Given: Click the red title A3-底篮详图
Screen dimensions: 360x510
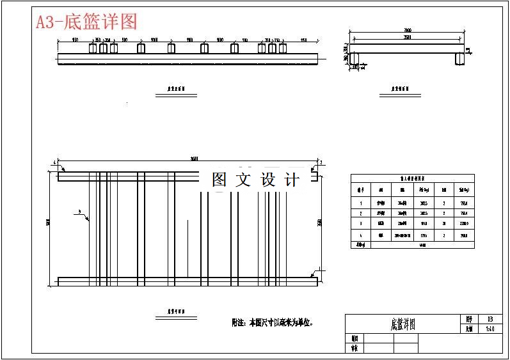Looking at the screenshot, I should [x=86, y=22].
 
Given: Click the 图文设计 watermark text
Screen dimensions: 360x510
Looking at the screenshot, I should [x=255, y=180].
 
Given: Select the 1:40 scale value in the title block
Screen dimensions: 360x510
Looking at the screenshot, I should [x=490, y=329].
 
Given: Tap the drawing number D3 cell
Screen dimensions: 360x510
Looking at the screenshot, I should [x=490, y=318].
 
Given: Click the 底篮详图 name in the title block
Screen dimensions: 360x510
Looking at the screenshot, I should [x=402, y=324].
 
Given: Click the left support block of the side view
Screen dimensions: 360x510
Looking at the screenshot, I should [x=355, y=59].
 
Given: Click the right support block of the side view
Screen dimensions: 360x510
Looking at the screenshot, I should [x=460, y=59].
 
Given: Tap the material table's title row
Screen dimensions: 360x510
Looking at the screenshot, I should [x=413, y=178].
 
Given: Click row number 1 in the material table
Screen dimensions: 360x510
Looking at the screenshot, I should [x=360, y=202].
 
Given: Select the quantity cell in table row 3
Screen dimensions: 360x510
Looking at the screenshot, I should [x=443, y=224].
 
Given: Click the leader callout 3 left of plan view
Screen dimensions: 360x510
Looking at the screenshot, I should [x=79, y=211].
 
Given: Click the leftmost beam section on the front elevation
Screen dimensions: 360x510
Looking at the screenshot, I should [x=93, y=49].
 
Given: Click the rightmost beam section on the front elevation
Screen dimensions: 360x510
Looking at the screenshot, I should [x=282, y=49].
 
